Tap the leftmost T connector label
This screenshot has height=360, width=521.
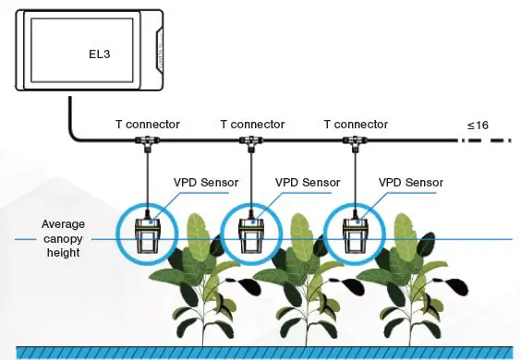coord(149,124)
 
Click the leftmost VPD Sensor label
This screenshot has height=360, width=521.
coord(205,183)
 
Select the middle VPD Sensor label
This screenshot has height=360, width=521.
coord(309,183)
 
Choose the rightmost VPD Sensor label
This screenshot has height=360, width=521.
coord(412,183)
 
